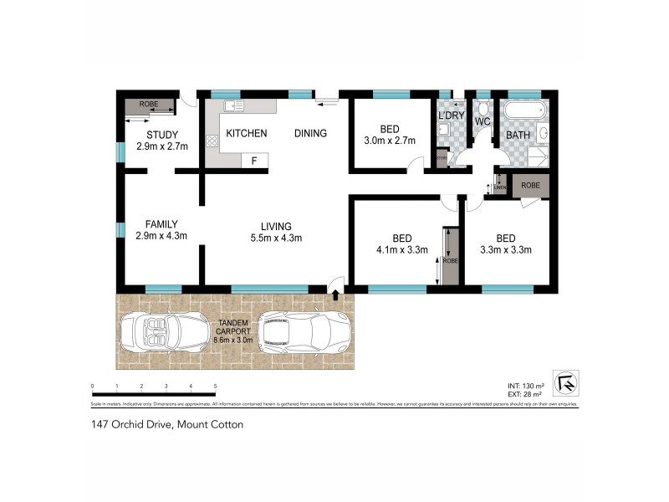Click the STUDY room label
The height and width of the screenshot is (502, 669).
tap(162, 135)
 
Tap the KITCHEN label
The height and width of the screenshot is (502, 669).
tap(246, 134)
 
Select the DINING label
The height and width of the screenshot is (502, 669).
tap(309, 134)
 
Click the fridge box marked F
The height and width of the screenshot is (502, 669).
tap(254, 160)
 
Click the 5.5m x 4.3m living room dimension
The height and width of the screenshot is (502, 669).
tap(275, 238)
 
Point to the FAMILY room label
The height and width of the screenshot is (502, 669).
tap(161, 224)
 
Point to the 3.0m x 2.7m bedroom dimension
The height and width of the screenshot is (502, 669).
tap(389, 141)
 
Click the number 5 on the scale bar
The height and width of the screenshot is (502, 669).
tap(216, 386)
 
